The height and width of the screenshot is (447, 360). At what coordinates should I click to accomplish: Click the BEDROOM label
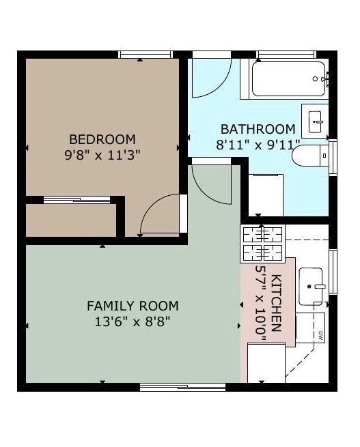102,140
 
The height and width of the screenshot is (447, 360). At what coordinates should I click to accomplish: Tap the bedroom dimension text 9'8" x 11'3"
102,156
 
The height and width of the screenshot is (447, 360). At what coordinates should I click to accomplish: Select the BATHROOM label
258,130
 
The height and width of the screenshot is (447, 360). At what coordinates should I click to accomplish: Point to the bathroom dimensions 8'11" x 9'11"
258,145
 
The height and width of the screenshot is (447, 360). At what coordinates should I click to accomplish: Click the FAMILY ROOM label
133,306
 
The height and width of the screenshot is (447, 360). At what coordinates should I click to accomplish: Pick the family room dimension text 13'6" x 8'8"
133,322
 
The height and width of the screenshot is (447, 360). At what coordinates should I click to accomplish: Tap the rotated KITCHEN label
276,303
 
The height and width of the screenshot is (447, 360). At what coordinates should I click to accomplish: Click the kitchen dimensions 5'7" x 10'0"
260,303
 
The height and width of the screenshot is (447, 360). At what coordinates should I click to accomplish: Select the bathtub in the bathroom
288,78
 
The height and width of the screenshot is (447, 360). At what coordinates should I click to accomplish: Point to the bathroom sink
315,121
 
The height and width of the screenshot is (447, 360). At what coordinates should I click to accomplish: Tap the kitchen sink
311,286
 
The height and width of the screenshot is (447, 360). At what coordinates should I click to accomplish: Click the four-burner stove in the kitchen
263,244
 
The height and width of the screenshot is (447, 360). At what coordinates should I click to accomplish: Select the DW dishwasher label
320,336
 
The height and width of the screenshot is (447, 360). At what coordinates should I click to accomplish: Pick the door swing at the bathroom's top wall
211,78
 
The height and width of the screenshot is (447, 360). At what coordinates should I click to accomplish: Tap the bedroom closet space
71,220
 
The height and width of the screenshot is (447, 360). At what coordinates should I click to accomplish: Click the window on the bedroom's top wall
146,55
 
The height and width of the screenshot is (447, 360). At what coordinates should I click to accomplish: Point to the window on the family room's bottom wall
183,387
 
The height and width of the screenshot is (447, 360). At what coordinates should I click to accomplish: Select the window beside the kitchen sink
333,272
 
